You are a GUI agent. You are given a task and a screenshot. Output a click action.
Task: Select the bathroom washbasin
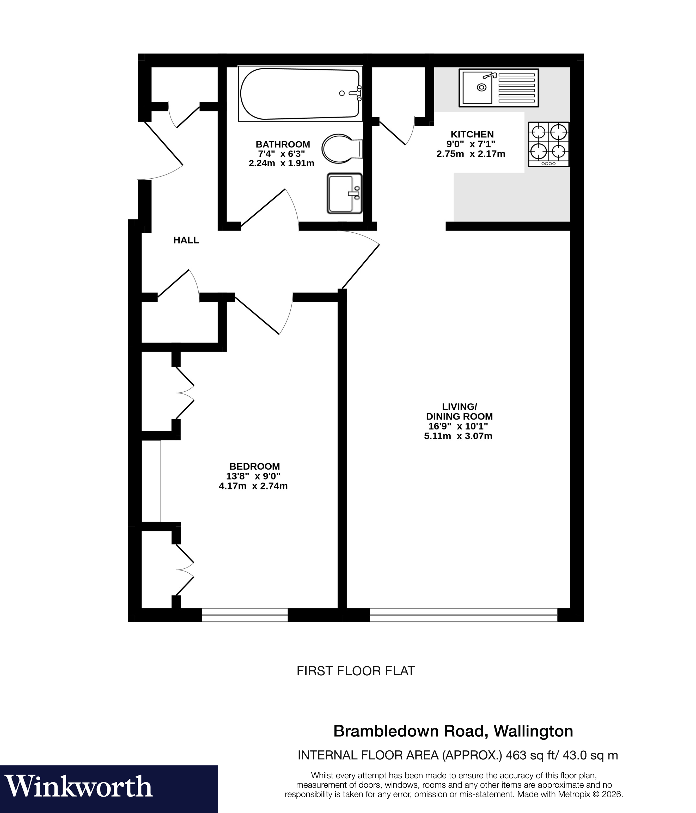(x=344, y=194)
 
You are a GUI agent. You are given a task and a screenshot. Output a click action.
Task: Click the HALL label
(x=186, y=240)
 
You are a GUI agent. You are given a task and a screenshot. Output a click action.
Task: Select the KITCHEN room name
(x=472, y=134)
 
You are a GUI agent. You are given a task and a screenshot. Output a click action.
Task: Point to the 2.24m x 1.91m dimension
(x=281, y=163)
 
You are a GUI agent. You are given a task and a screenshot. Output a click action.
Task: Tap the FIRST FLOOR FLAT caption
(x=356, y=671)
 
